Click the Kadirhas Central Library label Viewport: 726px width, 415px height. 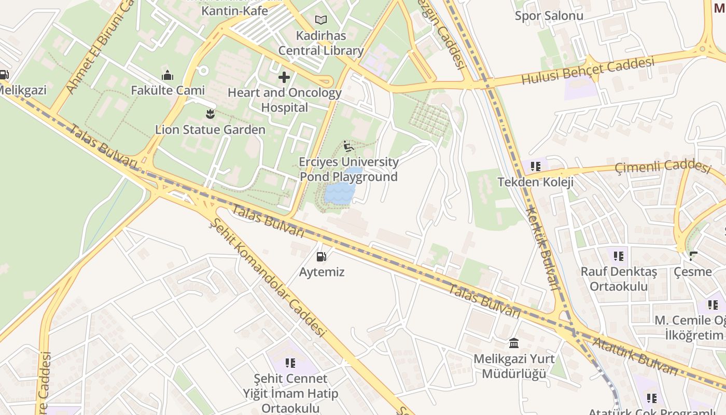point(321,44)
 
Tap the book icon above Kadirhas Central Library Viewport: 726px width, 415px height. point(321,20)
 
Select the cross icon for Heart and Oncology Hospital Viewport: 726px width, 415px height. point(284,78)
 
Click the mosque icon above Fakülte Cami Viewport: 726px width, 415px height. point(167,76)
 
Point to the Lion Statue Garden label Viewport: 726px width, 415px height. point(210,130)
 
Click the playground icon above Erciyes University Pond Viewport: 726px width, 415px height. point(348,146)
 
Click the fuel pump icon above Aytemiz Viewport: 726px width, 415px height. point(322,256)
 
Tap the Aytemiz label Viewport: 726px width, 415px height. point(322,272)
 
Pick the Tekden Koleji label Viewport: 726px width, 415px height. point(535,182)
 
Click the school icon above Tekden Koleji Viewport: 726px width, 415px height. point(535,167)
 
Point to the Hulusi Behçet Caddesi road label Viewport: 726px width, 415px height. point(588,71)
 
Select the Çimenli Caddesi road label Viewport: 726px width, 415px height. point(662,167)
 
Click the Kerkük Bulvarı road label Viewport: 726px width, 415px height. point(542,248)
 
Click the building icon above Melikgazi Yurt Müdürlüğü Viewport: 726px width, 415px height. point(514,343)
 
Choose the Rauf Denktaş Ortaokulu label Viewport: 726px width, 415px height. point(619,279)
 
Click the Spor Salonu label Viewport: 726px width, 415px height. point(549,16)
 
